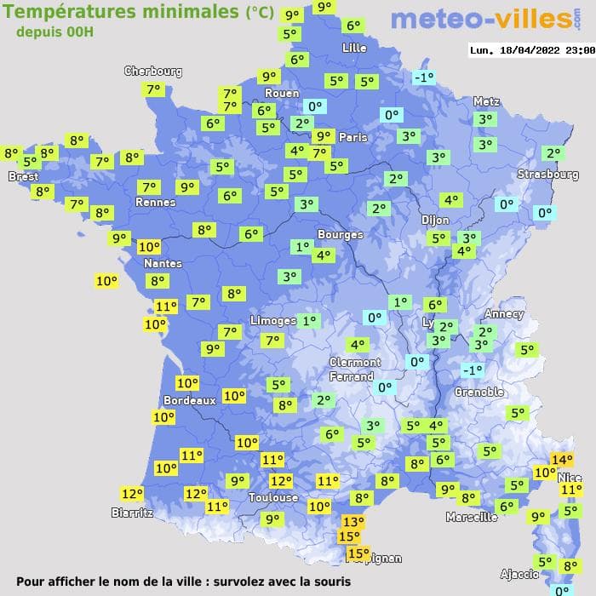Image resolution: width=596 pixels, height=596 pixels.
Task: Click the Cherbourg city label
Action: (153, 72)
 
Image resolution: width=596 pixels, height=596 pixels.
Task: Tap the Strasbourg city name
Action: (548, 175)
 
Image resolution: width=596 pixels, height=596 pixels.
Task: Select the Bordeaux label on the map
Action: (189, 400)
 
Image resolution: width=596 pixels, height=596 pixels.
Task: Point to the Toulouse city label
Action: (273, 497)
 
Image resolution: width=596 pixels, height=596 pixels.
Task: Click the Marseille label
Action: (472, 517)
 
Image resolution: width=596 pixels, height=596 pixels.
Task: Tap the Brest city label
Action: (23, 176)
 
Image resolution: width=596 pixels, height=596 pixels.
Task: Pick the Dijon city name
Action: (435, 220)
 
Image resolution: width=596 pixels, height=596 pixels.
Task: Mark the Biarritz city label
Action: (132, 513)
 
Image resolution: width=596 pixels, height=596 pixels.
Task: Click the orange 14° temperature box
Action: (561, 460)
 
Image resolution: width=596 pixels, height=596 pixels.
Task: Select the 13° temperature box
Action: (352, 522)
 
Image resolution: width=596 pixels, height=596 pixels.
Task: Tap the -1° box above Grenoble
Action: (472, 370)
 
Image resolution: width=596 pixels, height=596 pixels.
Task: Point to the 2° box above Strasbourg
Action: (554, 153)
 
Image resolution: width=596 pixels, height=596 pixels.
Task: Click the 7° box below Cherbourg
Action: (154, 89)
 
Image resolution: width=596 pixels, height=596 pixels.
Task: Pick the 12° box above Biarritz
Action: (132, 494)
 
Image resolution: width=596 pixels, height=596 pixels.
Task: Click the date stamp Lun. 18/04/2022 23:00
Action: (531, 50)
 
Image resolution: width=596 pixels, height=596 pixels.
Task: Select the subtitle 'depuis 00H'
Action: (54, 32)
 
